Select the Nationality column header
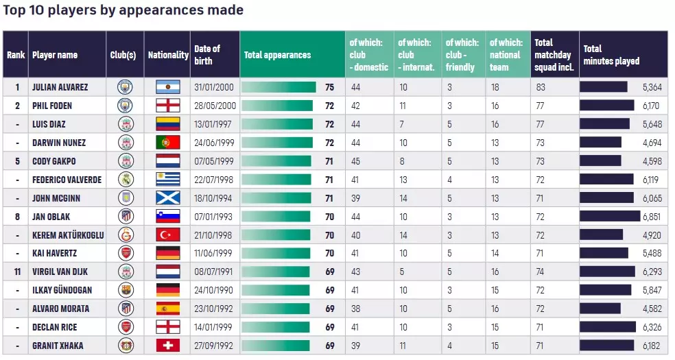(x=168, y=55)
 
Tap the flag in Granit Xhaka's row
(x=167, y=346)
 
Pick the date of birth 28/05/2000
(x=215, y=106)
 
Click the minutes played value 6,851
(x=650, y=216)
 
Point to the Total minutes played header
(x=611, y=55)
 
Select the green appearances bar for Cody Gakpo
(x=276, y=161)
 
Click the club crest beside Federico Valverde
(x=125, y=180)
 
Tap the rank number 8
(x=16, y=216)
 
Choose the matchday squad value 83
(x=541, y=87)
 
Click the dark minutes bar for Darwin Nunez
(x=601, y=143)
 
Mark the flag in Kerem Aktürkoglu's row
(x=167, y=235)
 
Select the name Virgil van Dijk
(x=60, y=272)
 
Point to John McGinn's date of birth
(x=215, y=198)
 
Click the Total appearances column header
(x=277, y=55)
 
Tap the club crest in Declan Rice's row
(x=125, y=327)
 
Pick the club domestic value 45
(x=355, y=161)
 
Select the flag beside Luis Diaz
(x=167, y=124)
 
